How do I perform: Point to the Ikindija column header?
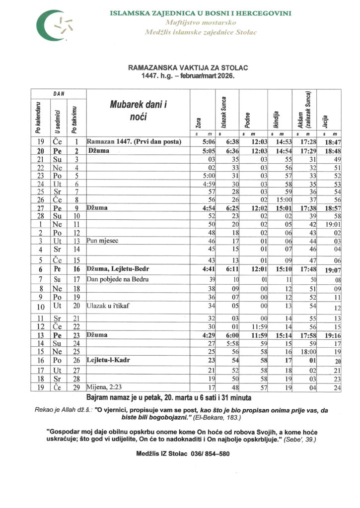coord(275,119)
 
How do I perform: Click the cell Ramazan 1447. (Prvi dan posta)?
coord(134,141)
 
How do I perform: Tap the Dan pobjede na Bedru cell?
coord(113,279)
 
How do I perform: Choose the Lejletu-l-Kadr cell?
coord(110,360)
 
